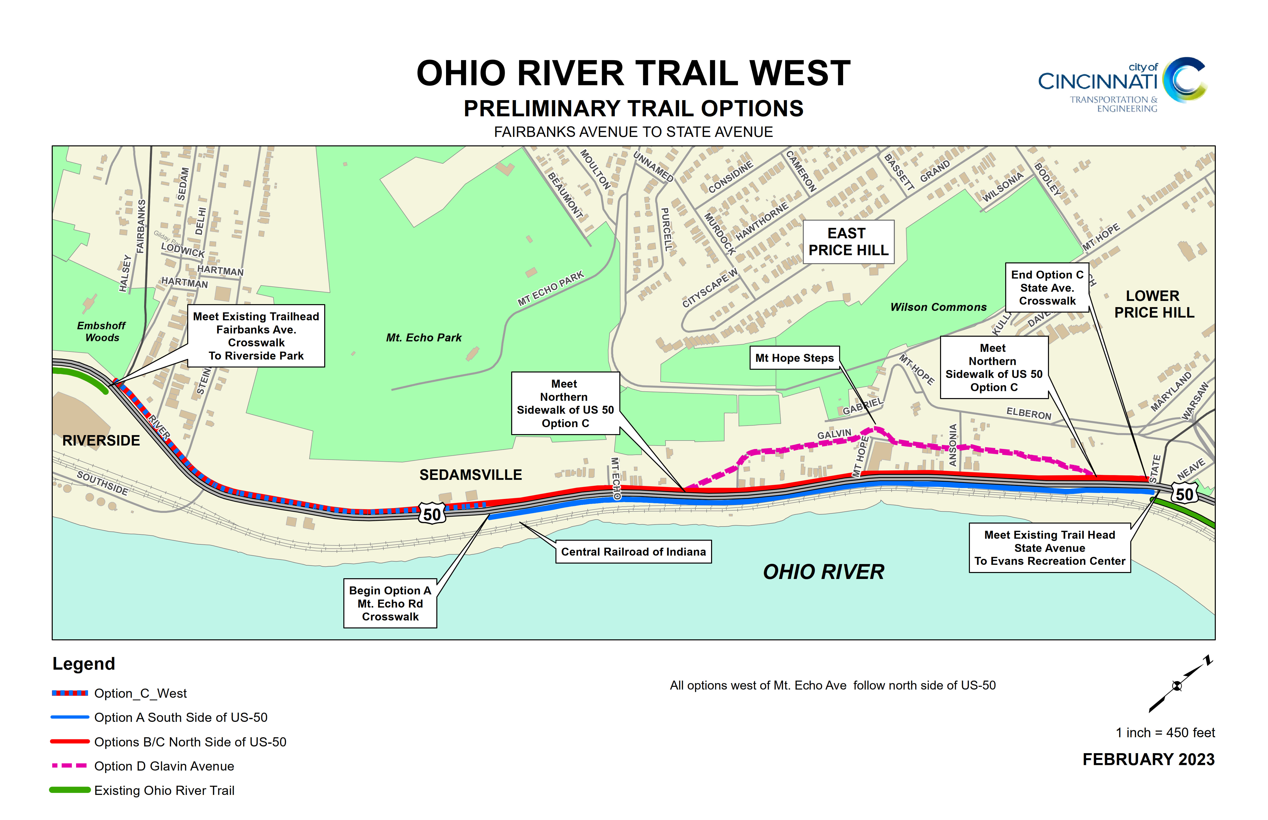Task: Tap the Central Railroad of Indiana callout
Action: (x=633, y=552)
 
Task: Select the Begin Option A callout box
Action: (x=390, y=603)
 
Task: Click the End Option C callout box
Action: (x=1047, y=287)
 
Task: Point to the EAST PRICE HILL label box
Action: (x=848, y=242)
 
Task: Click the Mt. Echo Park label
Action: (x=424, y=338)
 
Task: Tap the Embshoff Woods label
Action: (x=102, y=331)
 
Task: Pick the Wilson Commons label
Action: (x=938, y=307)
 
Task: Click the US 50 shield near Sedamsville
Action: (x=432, y=514)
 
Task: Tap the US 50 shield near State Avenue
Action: (x=1184, y=494)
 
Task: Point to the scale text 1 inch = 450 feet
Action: (x=1165, y=733)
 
